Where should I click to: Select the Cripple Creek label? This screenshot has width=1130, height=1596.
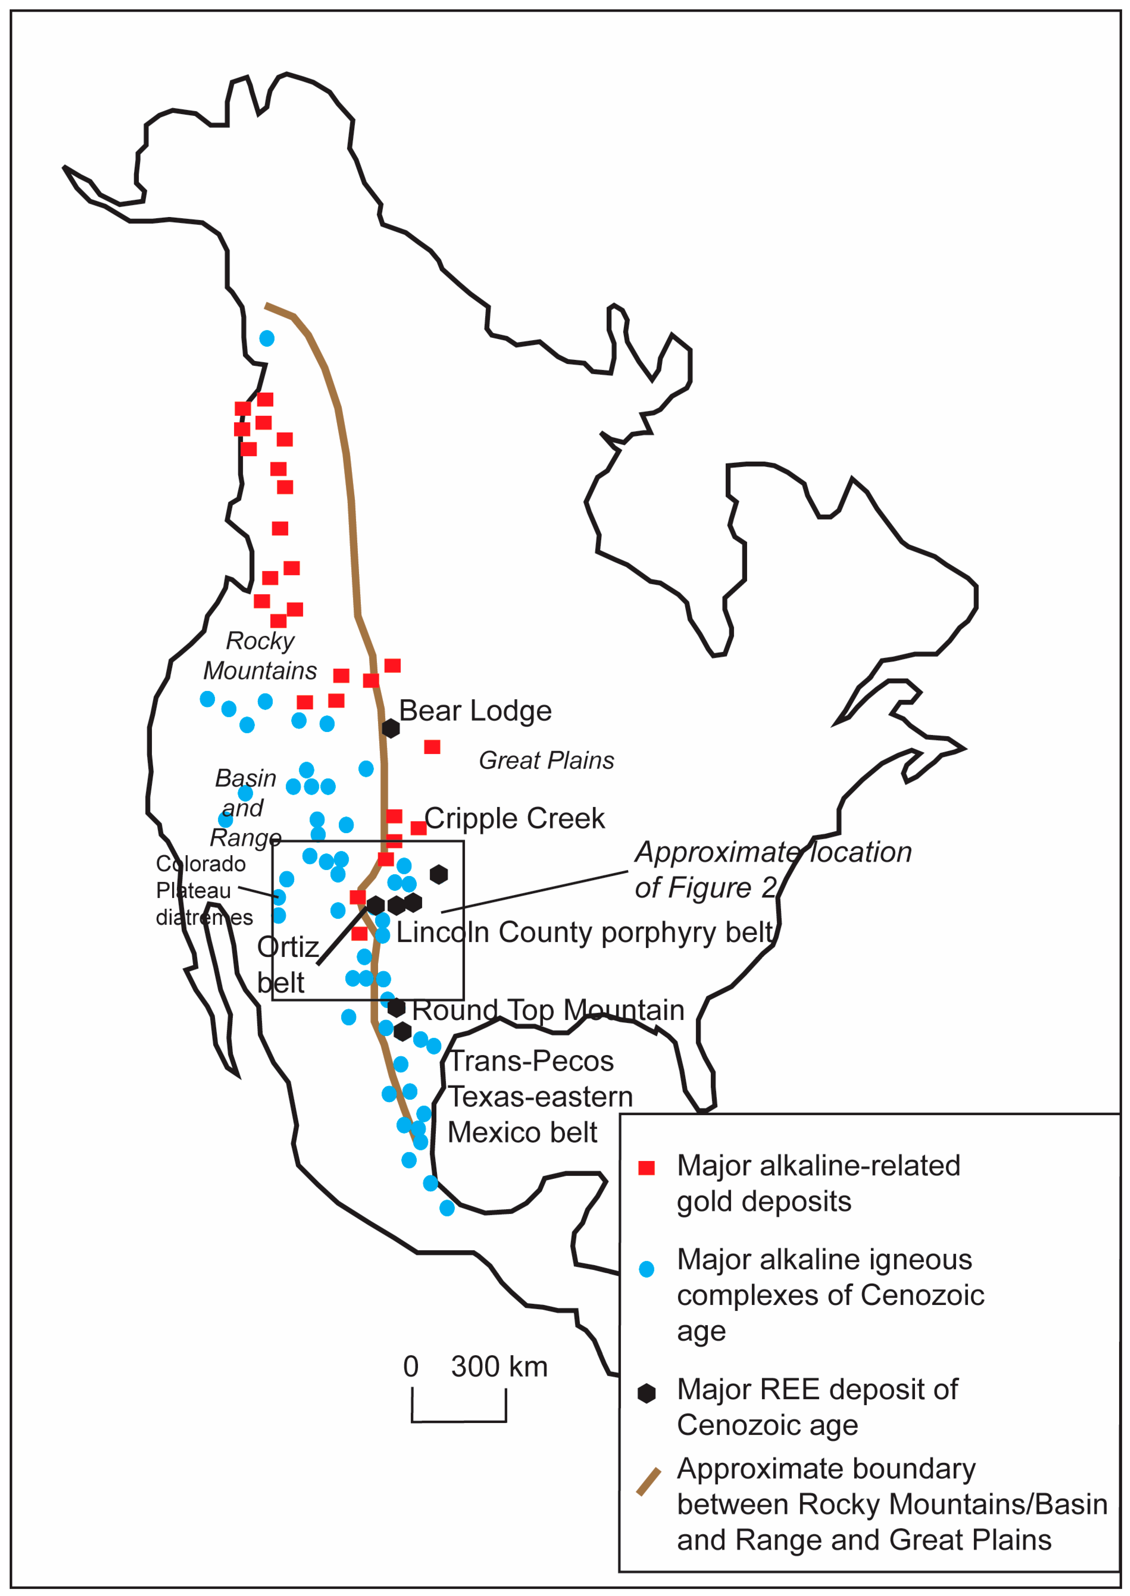pos(514,818)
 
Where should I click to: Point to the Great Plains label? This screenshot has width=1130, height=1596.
pos(546,761)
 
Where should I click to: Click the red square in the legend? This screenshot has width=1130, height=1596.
pos(647,1168)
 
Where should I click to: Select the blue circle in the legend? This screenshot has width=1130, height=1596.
pos(647,1269)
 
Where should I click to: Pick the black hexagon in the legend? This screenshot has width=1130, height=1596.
pos(647,1393)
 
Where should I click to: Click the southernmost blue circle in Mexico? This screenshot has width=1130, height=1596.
pos(447,1208)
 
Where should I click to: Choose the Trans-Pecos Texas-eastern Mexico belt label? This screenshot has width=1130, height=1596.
pos(539,1097)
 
